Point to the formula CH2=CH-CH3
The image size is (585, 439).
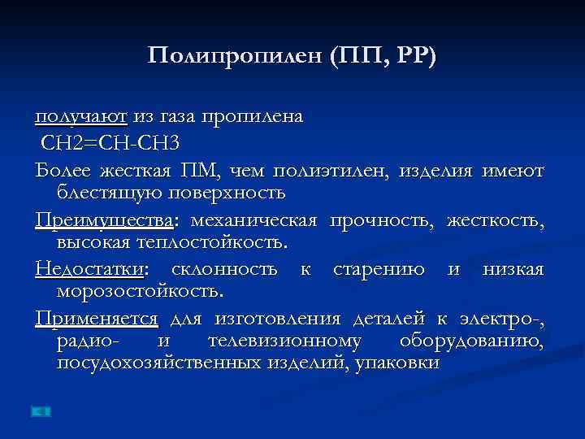[x=111, y=143]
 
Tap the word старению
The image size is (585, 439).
[x=379, y=269]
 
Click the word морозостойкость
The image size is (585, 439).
[x=141, y=290]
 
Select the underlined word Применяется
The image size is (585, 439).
[x=97, y=318]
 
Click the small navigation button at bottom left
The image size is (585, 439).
[x=41, y=411]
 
